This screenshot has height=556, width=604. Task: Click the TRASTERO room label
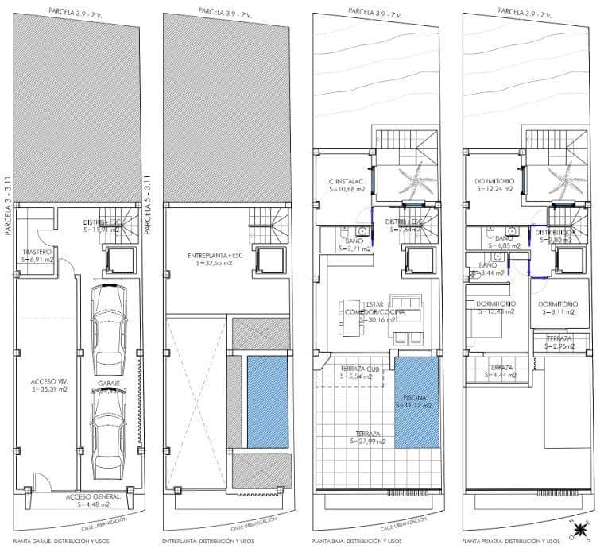(37, 252)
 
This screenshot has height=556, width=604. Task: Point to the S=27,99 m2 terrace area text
(367, 442)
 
